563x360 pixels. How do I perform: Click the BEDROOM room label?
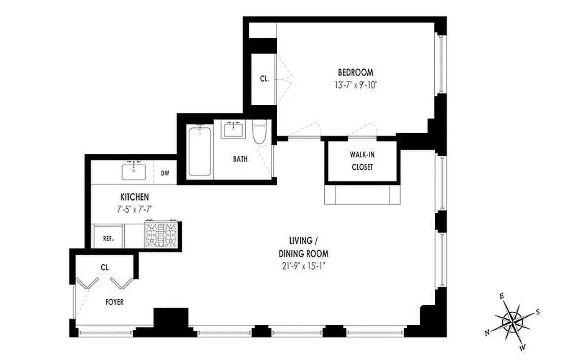coord(355,72)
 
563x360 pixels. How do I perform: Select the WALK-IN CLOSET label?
coord(361,161)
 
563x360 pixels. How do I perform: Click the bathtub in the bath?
coord(199,152)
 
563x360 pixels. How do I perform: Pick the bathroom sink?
coord(233,130)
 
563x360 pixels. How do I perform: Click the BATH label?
coord(240,159)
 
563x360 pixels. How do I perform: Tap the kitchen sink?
coord(134,171)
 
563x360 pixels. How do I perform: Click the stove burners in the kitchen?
coord(160,234)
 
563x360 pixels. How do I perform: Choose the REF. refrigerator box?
coord(108,238)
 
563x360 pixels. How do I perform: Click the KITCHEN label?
coord(134,197)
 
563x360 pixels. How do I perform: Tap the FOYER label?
coord(114,302)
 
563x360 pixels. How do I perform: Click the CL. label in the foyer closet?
coord(105,267)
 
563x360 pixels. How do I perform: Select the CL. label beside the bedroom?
coord(264,79)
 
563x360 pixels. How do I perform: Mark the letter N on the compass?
coord(487,333)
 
